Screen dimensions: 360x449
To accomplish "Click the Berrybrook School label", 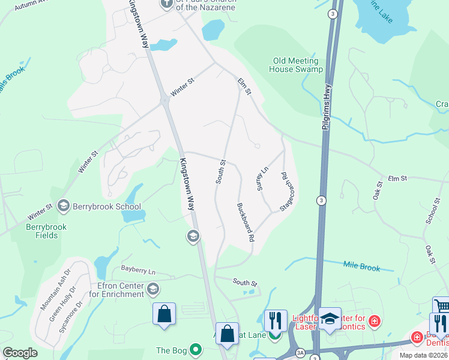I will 106,206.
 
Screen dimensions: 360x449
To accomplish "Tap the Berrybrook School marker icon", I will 63,206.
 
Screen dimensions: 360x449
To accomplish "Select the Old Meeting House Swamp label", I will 298,65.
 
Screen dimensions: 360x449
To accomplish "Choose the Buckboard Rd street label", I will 243,222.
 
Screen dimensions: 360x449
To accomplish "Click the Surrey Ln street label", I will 261,179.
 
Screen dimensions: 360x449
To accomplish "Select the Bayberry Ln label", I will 138,271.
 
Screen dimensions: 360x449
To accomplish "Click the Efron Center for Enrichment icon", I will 153,290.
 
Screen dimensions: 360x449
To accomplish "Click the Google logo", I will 20,353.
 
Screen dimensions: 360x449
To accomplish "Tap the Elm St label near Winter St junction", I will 243,85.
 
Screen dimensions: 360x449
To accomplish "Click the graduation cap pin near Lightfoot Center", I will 330,318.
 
